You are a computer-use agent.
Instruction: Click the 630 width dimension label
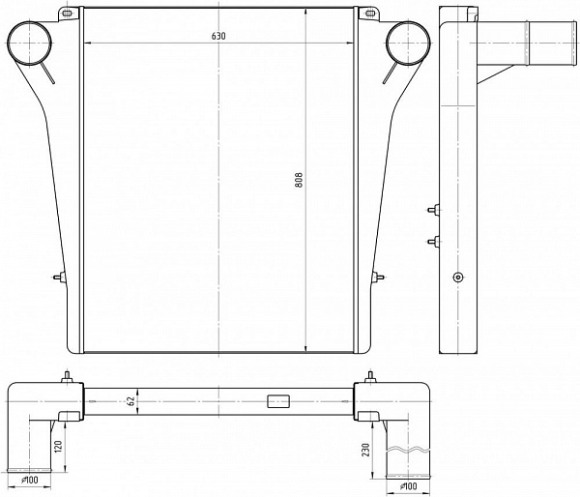tap(218, 36)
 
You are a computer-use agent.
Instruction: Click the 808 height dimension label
tap(299, 180)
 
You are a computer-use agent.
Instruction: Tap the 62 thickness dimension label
tap(131, 401)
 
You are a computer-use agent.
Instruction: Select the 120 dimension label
tap(58, 447)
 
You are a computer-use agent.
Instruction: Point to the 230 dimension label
tap(365, 450)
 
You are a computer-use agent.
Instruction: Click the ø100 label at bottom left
tap(30, 480)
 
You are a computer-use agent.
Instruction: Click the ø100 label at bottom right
tap(408, 486)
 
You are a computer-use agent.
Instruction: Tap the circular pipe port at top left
tap(29, 44)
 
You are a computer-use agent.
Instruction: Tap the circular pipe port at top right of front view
tap(408, 44)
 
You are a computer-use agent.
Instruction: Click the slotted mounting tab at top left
tap(68, 14)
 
